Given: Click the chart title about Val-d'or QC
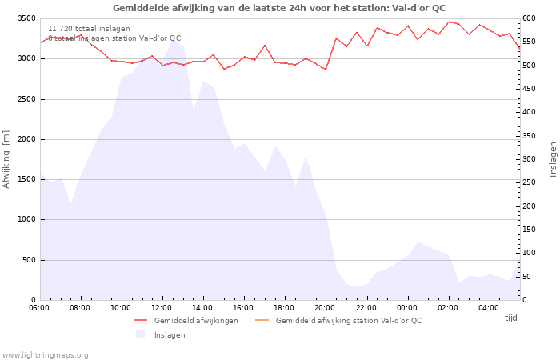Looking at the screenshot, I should click(x=279, y=8).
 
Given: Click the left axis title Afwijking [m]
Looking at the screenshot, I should click(x=6, y=158).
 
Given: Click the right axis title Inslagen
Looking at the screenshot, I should click(x=553, y=158).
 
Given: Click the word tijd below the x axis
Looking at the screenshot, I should click(x=510, y=318).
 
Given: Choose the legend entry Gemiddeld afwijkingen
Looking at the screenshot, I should click(x=196, y=320).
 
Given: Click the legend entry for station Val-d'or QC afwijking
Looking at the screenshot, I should click(x=348, y=320).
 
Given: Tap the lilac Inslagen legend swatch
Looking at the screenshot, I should click(x=140, y=334).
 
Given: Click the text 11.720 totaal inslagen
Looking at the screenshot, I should click(x=89, y=28).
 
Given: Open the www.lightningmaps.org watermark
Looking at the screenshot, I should click(x=45, y=354).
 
